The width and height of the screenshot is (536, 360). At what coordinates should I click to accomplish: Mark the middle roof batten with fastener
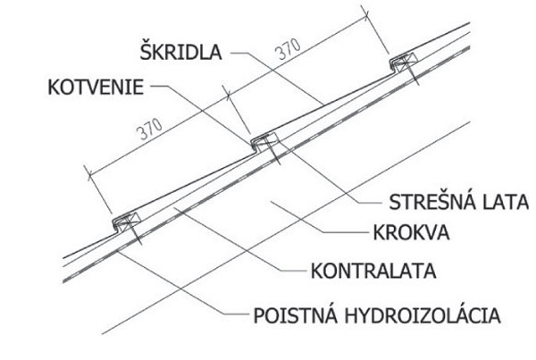(265, 140)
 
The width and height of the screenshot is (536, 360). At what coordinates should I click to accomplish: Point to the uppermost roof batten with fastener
(405, 63)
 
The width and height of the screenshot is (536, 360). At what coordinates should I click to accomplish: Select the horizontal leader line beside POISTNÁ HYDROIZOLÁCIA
(233, 315)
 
